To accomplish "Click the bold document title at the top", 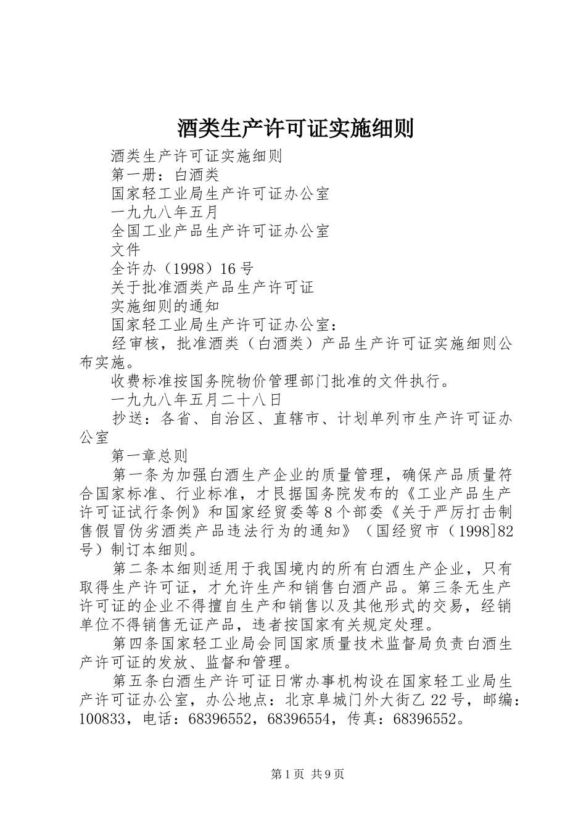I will tap(295, 128).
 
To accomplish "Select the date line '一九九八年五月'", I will tap(165, 213).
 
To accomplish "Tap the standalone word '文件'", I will tap(126, 250).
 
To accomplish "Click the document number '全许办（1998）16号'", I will tap(182, 269).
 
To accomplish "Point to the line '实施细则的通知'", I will tap(165, 306).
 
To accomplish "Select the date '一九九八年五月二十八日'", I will tap(197, 400).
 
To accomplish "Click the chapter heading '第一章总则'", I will tap(150, 456).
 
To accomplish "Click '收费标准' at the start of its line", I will tap(142, 381).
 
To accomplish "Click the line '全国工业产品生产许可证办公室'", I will tap(220, 231).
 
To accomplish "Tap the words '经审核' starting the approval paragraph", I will tap(136, 344).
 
